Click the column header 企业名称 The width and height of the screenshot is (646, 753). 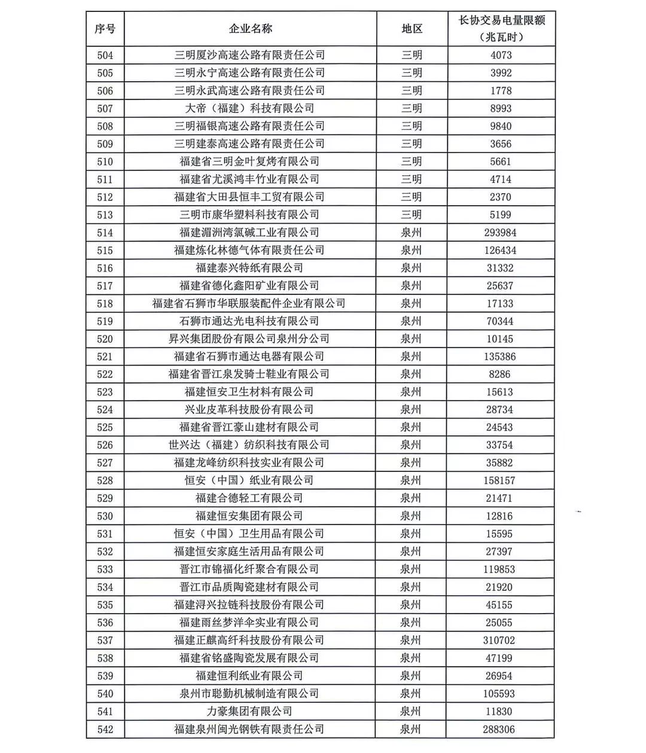[250, 29]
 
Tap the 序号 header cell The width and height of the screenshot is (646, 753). [105, 29]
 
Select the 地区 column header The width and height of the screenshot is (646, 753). [412, 29]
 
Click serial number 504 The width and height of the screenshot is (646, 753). [105, 56]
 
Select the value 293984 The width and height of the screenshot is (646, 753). [501, 233]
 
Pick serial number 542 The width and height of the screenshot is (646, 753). [105, 730]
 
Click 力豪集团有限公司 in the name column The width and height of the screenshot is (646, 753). [249, 712]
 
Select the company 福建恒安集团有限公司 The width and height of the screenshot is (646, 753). [249, 516]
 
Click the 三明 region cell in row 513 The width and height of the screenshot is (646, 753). [412, 215]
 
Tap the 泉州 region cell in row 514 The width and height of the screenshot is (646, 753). [412, 233]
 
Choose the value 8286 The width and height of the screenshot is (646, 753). [500, 374]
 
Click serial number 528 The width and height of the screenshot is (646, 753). [105, 481]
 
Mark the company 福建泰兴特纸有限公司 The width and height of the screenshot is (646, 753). [249, 268]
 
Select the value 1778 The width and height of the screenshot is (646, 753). [501, 91]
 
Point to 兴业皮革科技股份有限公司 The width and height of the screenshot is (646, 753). [249, 410]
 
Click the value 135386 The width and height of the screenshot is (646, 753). [500, 357]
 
